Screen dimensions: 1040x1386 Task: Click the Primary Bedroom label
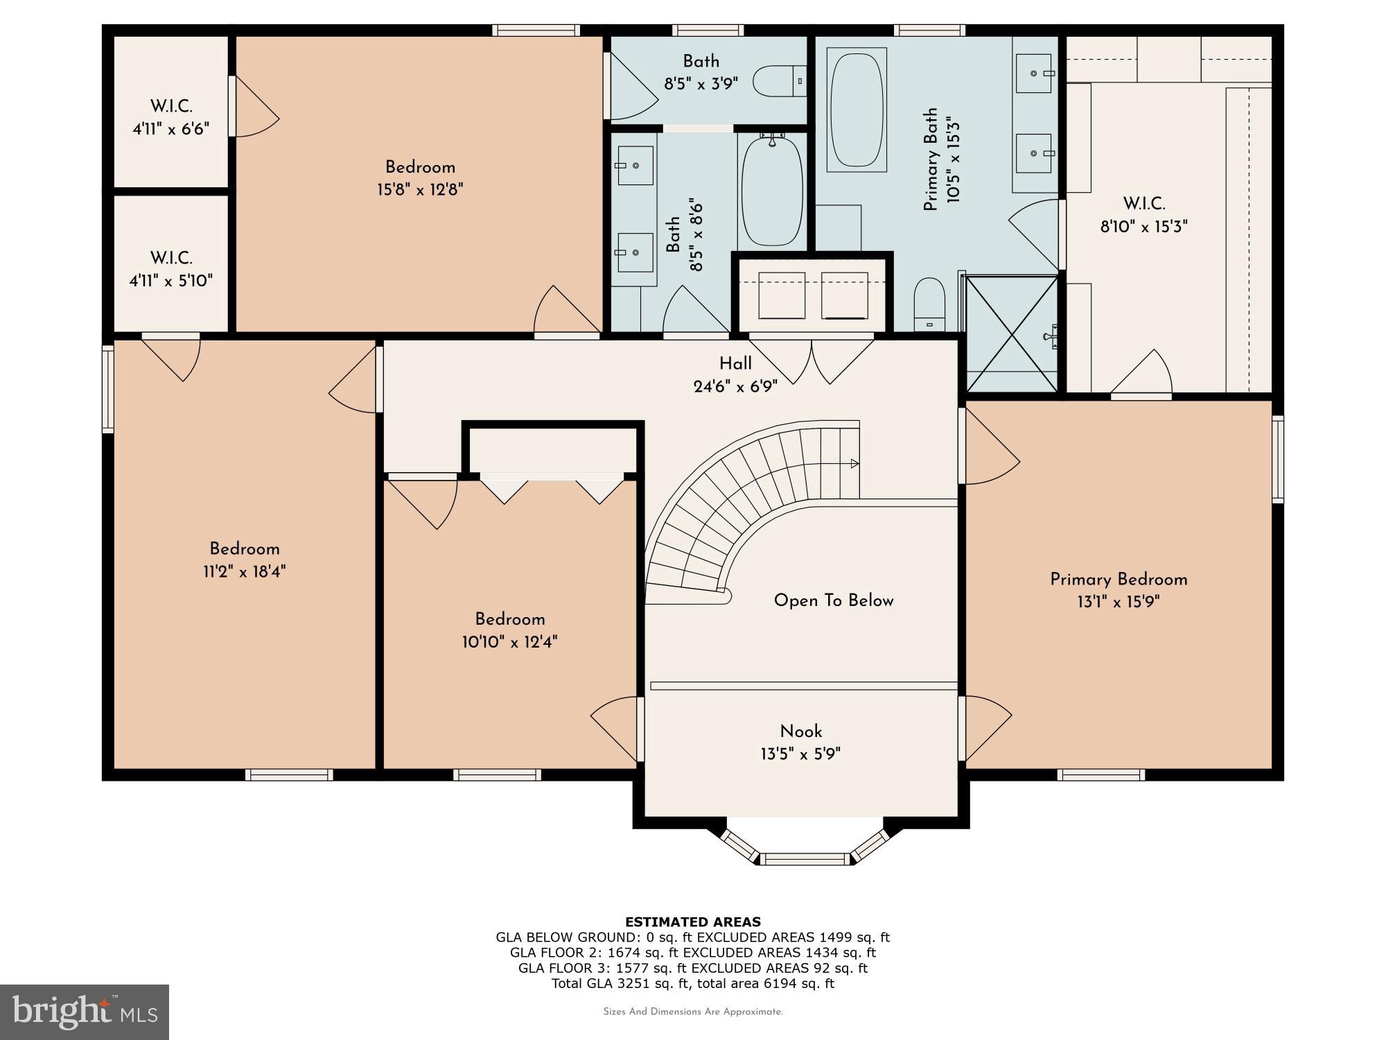tap(1119, 580)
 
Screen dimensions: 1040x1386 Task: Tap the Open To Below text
tap(834, 600)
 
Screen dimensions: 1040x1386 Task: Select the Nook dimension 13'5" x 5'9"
tap(800, 754)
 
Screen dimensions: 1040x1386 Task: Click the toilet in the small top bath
tap(780, 81)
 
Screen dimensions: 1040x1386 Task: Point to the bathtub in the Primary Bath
tap(857, 110)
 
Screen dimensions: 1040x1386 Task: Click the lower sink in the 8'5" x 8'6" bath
tap(634, 253)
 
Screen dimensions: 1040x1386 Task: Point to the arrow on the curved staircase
tap(854, 463)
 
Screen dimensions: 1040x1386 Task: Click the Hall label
tap(735, 363)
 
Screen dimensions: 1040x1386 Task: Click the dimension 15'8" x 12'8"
tap(420, 189)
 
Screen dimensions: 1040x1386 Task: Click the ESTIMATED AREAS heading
tap(693, 921)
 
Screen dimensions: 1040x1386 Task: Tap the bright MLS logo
tap(85, 1012)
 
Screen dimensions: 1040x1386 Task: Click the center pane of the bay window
tap(805, 859)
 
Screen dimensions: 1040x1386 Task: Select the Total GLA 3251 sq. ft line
tap(693, 983)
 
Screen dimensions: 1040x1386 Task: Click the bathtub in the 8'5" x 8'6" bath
tap(772, 190)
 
